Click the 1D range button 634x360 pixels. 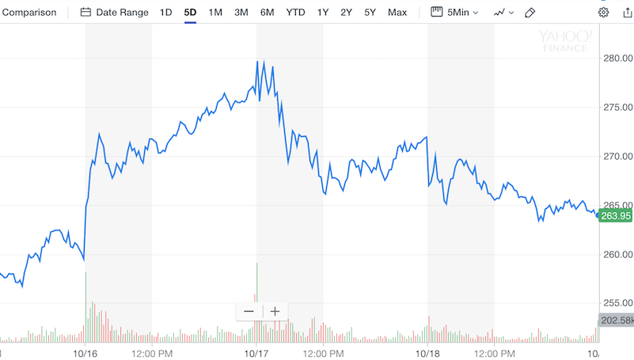click(x=165, y=13)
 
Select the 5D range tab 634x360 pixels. click(x=190, y=13)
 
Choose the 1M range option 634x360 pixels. click(x=215, y=13)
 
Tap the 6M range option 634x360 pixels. click(x=267, y=13)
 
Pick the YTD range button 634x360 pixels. click(x=295, y=13)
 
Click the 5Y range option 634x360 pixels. click(x=370, y=13)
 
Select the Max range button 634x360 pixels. click(x=397, y=13)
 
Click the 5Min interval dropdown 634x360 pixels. click(x=454, y=13)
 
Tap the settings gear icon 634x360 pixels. click(x=604, y=13)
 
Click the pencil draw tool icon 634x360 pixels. click(x=530, y=13)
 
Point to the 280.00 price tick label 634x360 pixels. click(x=617, y=59)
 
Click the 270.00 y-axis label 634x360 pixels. click(x=617, y=157)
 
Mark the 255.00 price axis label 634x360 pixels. click(x=617, y=303)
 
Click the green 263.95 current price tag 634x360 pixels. click(x=616, y=216)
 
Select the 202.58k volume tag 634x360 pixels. click(x=616, y=320)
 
